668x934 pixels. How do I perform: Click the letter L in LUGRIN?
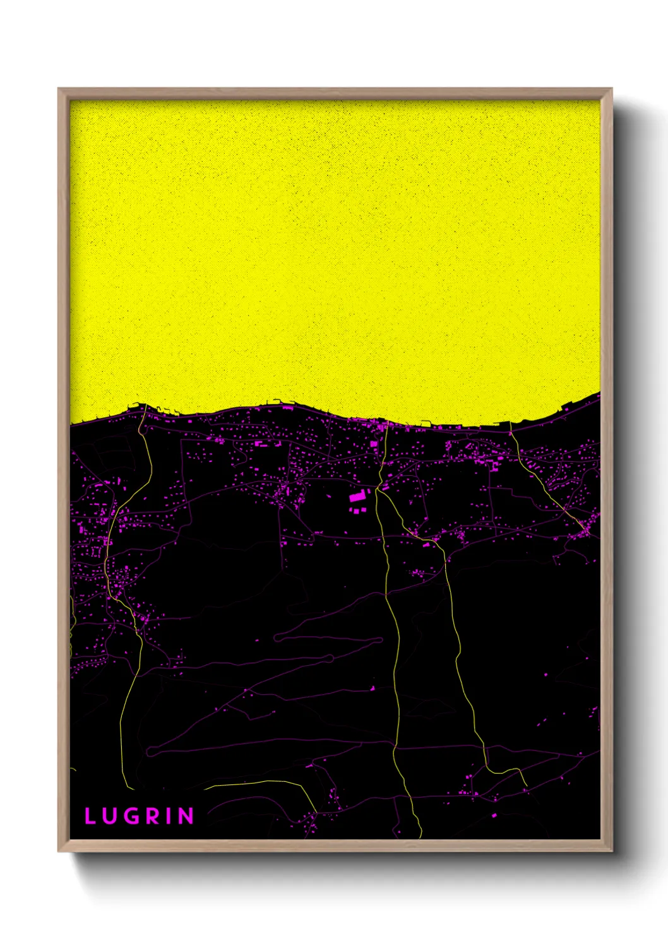click(x=90, y=816)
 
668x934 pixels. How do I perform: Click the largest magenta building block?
click(x=357, y=497)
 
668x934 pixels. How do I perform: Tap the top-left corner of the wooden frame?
click(x=59, y=89)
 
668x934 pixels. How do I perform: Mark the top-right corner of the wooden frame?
click(x=612, y=89)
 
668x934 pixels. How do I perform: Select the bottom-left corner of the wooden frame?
click(x=59, y=851)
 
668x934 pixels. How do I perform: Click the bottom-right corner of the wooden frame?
click(x=612, y=851)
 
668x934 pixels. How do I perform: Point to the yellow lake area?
click(x=335, y=252)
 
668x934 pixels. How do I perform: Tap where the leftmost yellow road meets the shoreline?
click(x=145, y=406)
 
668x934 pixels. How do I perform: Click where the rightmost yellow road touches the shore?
click(x=510, y=424)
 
